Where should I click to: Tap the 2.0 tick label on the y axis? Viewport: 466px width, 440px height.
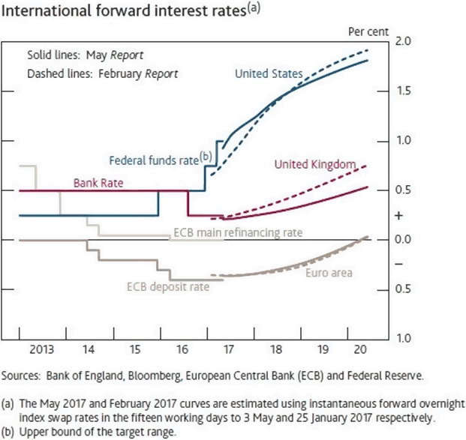[404, 41]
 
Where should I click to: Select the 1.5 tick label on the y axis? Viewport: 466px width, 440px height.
[404, 91]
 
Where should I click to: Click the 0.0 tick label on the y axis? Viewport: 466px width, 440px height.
[404, 239]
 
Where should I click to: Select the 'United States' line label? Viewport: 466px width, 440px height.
[269, 73]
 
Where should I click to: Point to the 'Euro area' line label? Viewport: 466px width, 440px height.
[329, 273]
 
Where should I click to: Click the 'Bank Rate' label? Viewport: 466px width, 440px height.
[98, 183]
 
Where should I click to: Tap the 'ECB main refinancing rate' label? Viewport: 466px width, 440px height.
[238, 233]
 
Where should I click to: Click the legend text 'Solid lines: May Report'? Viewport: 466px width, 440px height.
[85, 55]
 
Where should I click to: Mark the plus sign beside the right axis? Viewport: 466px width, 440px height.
[398, 215]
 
